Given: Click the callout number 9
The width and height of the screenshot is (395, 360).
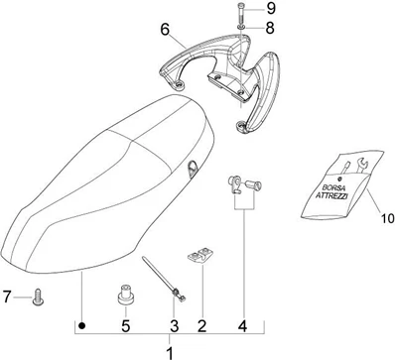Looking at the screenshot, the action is (x=271, y=8).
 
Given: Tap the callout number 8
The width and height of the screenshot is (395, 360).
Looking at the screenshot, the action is (x=270, y=28).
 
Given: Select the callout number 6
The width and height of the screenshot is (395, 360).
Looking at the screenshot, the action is (x=165, y=30).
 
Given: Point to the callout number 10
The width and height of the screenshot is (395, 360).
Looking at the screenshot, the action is (x=387, y=218).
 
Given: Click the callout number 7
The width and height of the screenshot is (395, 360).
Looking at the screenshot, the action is (x=7, y=297).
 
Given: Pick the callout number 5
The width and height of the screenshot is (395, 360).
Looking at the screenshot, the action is (x=125, y=326).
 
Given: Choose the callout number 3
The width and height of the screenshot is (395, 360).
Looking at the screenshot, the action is (x=175, y=326).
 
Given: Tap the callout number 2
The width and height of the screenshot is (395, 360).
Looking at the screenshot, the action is (x=201, y=326).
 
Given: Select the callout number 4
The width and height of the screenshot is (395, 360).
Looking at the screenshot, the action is (x=242, y=326).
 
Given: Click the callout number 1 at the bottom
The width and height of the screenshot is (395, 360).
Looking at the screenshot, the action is (x=170, y=353).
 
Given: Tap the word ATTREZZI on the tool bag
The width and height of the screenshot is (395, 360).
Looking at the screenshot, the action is (x=331, y=195).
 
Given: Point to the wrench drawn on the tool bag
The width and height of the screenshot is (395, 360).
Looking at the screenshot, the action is (x=361, y=166).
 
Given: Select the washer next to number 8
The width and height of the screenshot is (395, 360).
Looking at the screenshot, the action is (x=241, y=28).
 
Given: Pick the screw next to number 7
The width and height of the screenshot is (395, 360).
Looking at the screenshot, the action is (x=38, y=297).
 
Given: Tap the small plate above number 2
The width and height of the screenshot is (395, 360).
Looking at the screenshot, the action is (x=200, y=256).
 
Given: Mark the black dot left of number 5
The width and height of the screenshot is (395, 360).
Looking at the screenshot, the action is (x=82, y=326).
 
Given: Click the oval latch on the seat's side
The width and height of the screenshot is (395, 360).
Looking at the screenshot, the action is (x=192, y=169).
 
